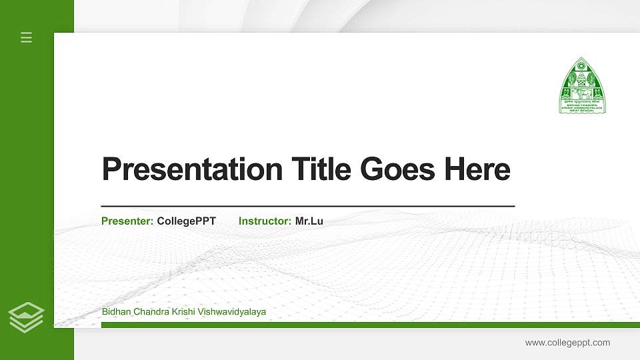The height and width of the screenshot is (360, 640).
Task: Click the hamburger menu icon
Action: pos(27,37)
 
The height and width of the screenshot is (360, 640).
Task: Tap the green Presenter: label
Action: pos(127,221)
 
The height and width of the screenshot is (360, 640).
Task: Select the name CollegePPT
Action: pos(187,221)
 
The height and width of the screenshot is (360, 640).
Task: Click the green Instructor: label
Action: pos(265,221)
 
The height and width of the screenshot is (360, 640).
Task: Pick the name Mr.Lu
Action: pos(309,221)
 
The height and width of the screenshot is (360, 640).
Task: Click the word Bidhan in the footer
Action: pos(116,312)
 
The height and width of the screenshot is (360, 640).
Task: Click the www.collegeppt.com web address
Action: pos(567,343)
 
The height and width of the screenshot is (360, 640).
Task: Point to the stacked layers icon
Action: pos(27,317)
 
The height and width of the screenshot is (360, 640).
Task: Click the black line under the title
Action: pos(307,207)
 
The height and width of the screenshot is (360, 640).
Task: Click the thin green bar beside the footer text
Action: pos(453,325)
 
